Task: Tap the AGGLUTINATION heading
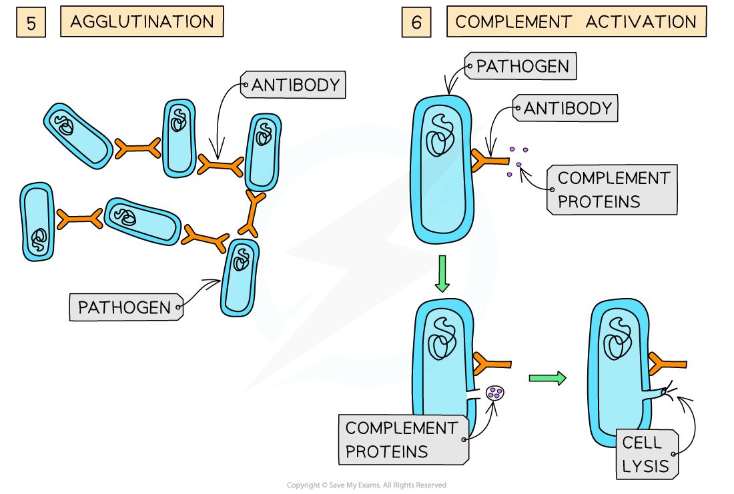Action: (x=141, y=22)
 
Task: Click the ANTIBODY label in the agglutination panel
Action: (x=295, y=85)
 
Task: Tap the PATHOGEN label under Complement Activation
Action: (x=522, y=67)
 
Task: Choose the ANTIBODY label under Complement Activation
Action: (x=567, y=108)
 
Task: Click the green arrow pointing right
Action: (x=546, y=378)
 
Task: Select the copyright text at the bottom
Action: (x=366, y=485)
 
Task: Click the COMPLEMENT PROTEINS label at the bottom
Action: (x=402, y=439)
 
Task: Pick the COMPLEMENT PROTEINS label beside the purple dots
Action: (x=613, y=189)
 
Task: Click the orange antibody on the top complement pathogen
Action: (x=491, y=161)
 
